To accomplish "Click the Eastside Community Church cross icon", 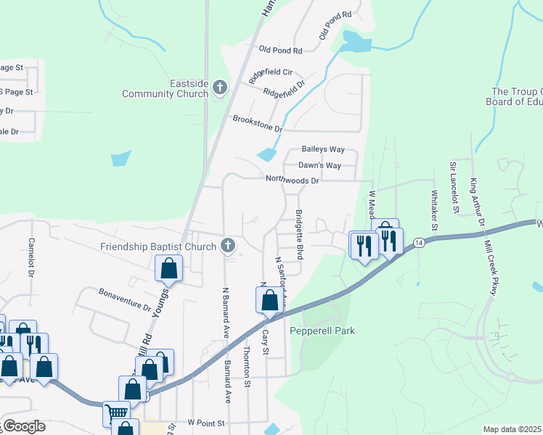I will click(220, 88).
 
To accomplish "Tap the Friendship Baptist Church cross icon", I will click(228, 246).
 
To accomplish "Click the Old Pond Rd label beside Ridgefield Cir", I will click(280, 50).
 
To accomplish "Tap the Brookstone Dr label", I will click(257, 123).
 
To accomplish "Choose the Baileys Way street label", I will click(323, 149).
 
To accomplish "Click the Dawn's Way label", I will click(320, 165).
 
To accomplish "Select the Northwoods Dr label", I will click(292, 180).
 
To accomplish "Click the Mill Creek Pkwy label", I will click(496, 265).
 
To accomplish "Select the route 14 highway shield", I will click(418, 242).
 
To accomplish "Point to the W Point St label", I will click(207, 422).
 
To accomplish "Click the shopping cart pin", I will click(115, 410).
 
